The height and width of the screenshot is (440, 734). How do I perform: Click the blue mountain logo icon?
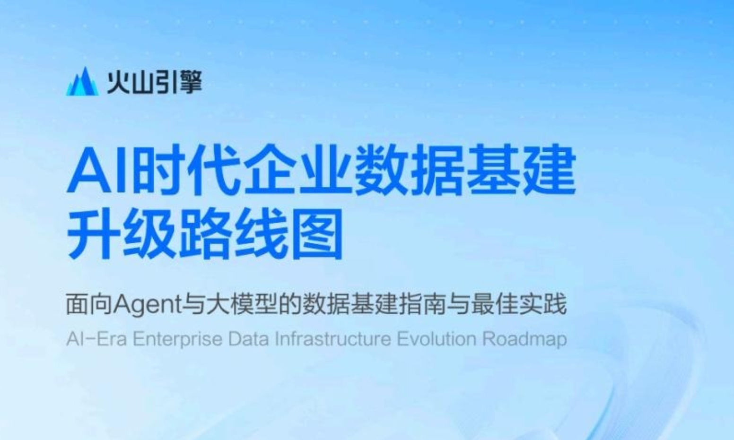click(x=82, y=82)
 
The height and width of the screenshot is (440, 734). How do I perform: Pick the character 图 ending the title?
click(x=317, y=234)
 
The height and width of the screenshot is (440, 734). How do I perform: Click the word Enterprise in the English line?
click(x=177, y=339)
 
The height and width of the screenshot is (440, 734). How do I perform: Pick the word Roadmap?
click(x=524, y=339)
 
